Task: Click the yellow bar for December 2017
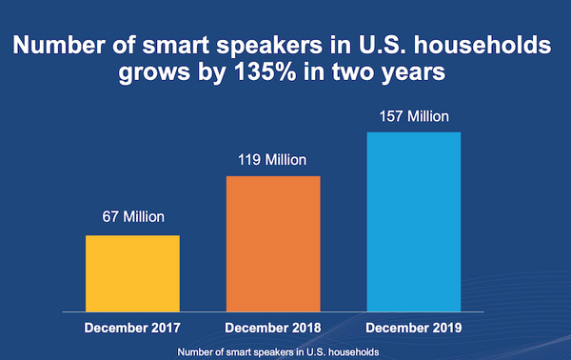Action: pyautogui.click(x=132, y=273)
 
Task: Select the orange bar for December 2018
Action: pyautogui.click(x=273, y=244)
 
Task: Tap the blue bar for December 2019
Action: pyautogui.click(x=414, y=222)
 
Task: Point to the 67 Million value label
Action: pyautogui.click(x=132, y=216)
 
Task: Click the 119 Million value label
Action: pyautogui.click(x=273, y=158)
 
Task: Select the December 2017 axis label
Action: pyautogui.click(x=132, y=329)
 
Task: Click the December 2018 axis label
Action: pyautogui.click(x=273, y=329)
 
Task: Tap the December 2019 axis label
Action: pyautogui.click(x=414, y=329)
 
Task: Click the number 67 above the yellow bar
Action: pyautogui.click(x=110, y=216)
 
